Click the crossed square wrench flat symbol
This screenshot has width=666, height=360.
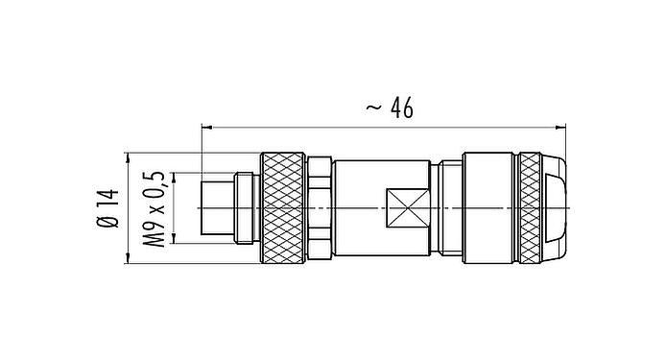(x=403, y=207)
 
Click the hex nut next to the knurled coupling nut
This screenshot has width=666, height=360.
(x=321, y=207)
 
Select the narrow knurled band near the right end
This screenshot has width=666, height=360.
(x=530, y=207)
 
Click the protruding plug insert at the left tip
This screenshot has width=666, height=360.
(x=217, y=207)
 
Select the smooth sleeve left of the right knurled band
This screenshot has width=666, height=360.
(x=489, y=207)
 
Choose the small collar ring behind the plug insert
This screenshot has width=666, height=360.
(x=246, y=207)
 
